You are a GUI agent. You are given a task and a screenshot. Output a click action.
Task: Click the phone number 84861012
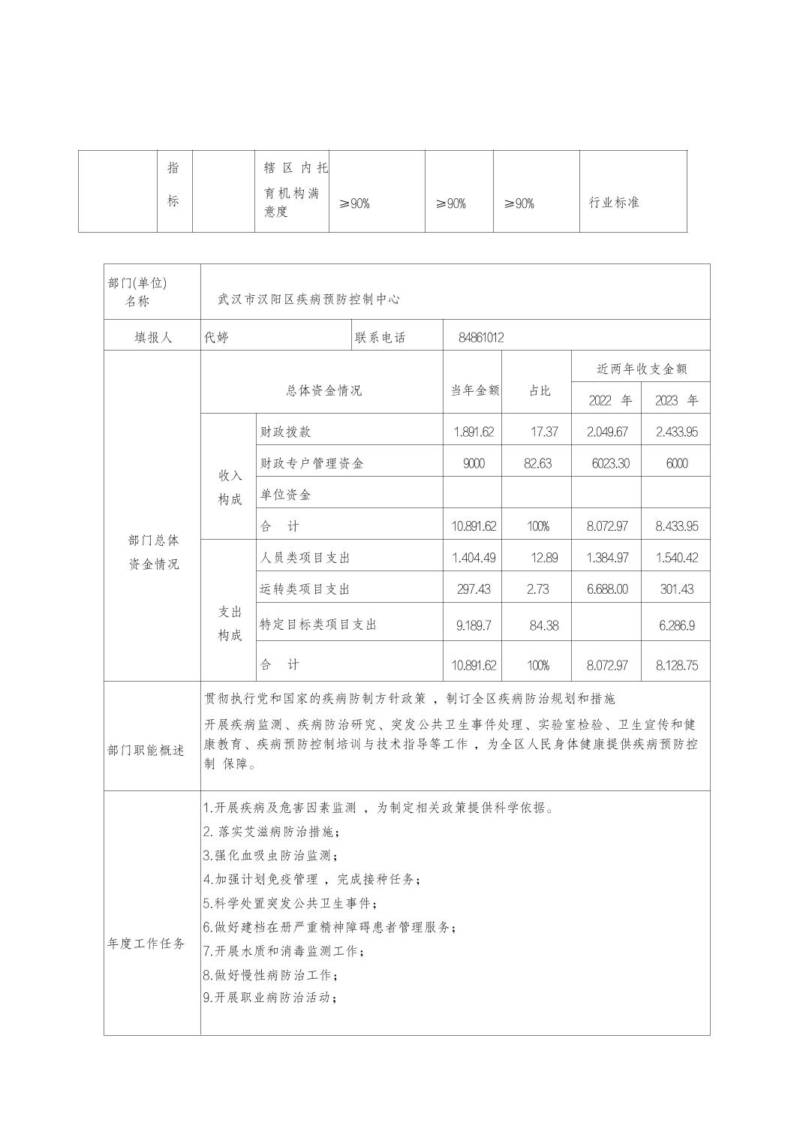pos(481,338)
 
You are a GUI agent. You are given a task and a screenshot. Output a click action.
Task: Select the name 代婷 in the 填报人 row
pos(217,338)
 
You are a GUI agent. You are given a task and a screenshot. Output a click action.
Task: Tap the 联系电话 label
pos(380,338)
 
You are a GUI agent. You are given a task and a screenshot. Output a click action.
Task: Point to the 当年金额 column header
pos(474,390)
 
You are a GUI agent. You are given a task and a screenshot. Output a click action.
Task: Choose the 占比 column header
pos(540,390)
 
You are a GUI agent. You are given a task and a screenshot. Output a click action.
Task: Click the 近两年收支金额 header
pos(642,369)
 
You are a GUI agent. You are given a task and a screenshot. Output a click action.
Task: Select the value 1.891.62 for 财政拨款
pos(474,432)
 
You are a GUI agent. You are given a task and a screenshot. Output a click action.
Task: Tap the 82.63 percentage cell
pos(537,463)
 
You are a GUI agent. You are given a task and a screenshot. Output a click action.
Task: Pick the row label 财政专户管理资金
pos(311,463)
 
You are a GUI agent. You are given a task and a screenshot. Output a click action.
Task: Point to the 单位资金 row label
pos(285,495)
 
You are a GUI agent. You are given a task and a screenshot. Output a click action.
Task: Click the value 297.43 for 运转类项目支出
pos(474,589)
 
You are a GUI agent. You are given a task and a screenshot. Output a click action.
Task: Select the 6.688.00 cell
pos(607,589)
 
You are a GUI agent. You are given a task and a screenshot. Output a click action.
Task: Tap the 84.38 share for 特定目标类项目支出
pos(543,625)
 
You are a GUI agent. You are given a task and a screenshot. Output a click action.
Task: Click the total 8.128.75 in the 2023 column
pos(676,665)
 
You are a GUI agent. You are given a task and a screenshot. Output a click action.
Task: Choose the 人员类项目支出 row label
pos(305,558)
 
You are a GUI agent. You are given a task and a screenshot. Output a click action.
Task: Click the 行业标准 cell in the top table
pos(613,203)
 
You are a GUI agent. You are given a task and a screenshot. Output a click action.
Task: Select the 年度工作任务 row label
pos(146,944)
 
